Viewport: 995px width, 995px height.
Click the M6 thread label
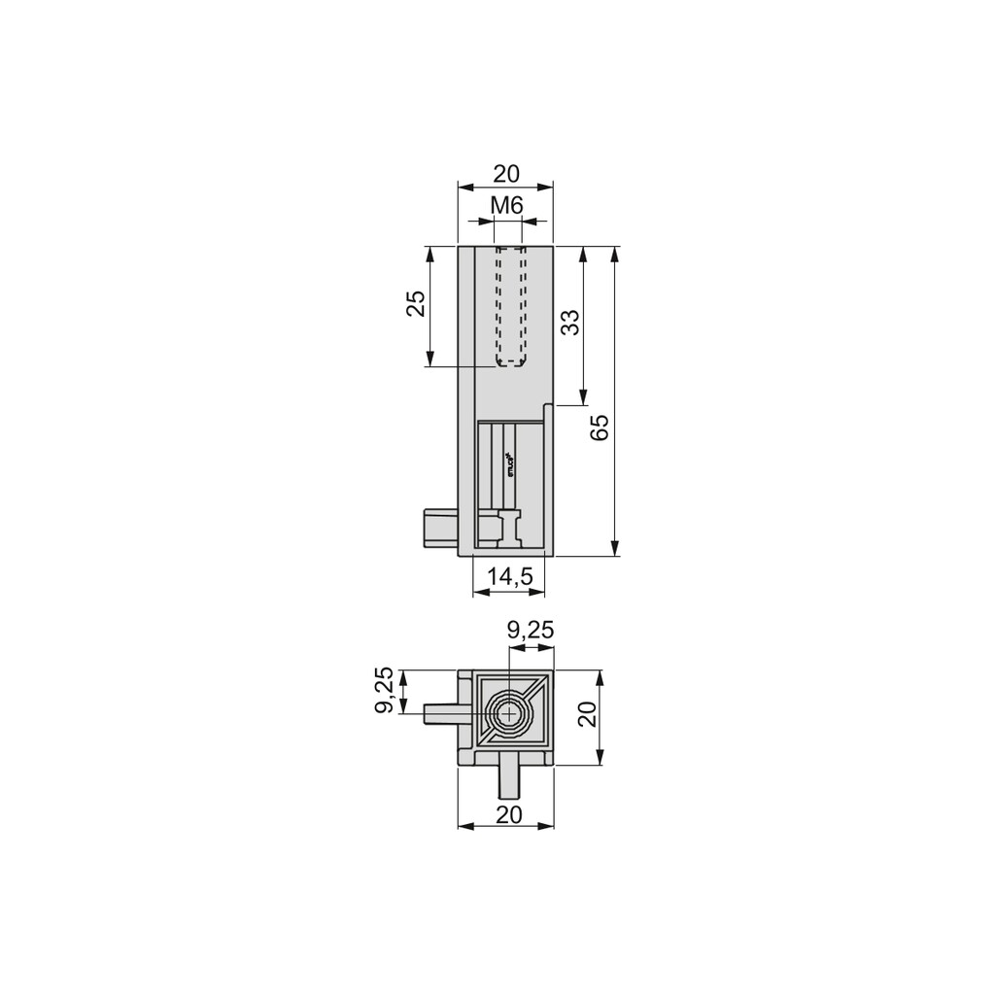click(x=506, y=205)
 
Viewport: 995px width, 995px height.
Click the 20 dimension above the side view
click(x=506, y=174)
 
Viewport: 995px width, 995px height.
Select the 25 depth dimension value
click(x=416, y=304)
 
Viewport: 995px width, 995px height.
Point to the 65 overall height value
click(x=600, y=428)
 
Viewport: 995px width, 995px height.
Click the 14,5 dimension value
click(x=510, y=576)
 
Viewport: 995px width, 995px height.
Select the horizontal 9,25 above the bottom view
click(x=531, y=630)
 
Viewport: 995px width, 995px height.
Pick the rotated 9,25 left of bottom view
click(x=385, y=691)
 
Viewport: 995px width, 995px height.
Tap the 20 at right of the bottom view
click(x=586, y=716)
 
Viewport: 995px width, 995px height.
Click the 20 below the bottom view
click(x=508, y=814)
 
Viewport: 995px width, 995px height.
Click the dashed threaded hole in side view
click(x=510, y=306)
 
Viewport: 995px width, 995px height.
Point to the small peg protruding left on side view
click(x=441, y=529)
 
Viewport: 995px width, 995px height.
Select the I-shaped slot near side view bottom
click(x=509, y=529)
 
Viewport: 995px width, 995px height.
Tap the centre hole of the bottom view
click(x=507, y=715)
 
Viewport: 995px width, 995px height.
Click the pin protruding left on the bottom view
click(x=442, y=715)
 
